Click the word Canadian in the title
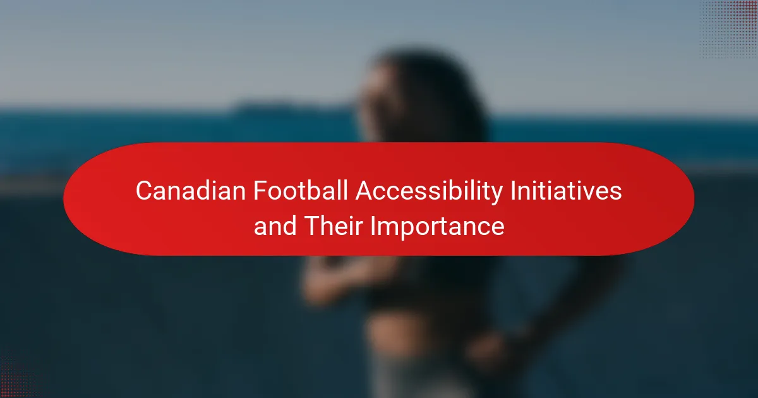[x=191, y=191]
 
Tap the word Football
[x=301, y=191]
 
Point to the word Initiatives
[x=567, y=191]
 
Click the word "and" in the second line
[x=275, y=226]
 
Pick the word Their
[x=334, y=226]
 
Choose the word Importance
[x=437, y=227]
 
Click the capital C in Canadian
[x=145, y=191]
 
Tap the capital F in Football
[x=260, y=191]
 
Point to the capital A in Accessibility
[x=365, y=191]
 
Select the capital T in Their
[x=313, y=226]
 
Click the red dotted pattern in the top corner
[x=729, y=29]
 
